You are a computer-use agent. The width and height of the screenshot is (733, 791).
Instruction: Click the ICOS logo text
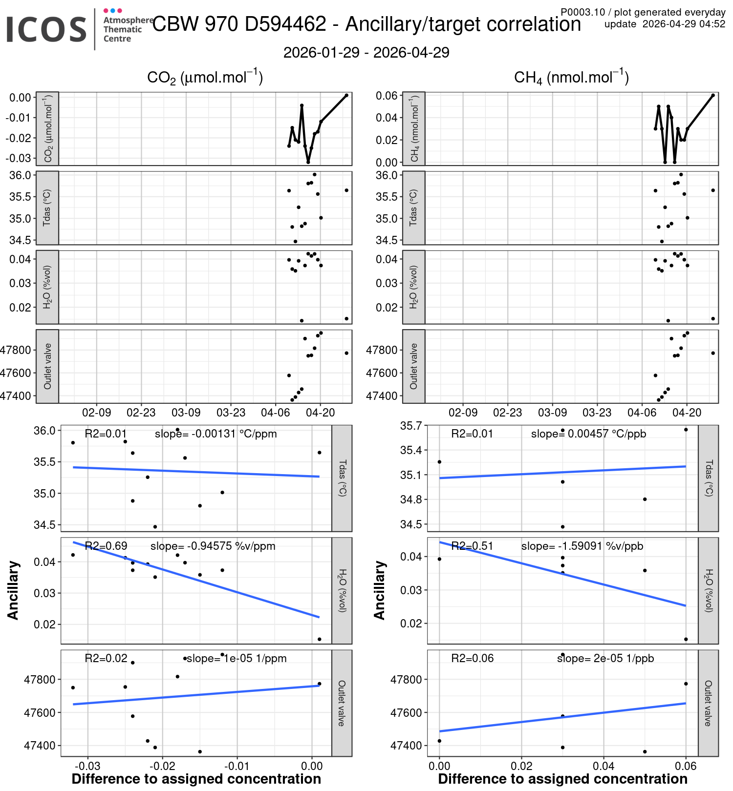pos(46,29)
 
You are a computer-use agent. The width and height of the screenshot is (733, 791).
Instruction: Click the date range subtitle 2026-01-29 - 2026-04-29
pos(366,53)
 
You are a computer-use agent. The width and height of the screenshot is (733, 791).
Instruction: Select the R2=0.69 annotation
pos(106,546)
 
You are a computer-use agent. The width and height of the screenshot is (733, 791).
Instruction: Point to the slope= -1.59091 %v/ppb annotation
pos(582,546)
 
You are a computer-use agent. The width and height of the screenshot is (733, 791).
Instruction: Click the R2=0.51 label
pos(472,546)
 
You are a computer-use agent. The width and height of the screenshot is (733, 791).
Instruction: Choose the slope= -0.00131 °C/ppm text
pos(216,434)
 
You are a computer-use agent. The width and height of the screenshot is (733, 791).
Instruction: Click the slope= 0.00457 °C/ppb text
pos(588,434)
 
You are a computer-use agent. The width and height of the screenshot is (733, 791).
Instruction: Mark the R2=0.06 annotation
pos(472,658)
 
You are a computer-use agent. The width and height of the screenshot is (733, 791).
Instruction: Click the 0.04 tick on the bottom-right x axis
pos(604,766)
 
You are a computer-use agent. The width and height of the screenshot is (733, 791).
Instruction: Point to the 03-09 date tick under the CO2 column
pos(186,413)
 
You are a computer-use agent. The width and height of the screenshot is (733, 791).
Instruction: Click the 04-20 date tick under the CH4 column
pos(687,413)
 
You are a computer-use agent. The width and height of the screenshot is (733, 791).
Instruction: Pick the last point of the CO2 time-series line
pos(346,95)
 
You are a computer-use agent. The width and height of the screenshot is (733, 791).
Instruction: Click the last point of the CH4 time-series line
pos(713,95)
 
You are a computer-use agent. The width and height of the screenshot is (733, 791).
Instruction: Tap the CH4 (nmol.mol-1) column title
pos(571,77)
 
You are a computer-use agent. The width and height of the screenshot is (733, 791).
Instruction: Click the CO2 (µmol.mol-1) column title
pos(205,77)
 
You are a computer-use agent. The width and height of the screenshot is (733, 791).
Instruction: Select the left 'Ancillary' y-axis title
pos(13,590)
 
